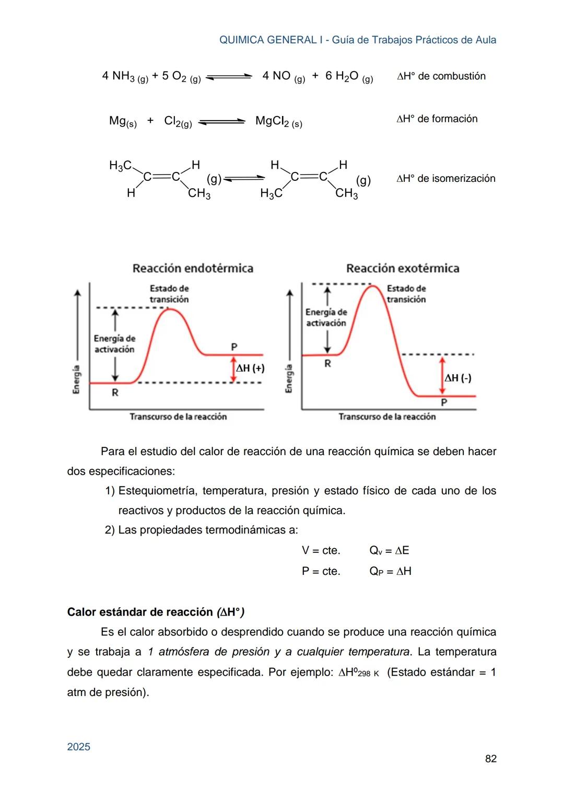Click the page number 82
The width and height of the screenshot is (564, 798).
[490, 758]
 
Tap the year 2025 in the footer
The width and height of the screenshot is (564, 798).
[79, 747]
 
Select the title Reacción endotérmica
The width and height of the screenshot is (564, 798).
[193, 269]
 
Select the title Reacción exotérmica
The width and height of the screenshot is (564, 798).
[403, 269]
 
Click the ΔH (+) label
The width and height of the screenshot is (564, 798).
[250, 368]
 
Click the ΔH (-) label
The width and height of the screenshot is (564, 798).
[458, 378]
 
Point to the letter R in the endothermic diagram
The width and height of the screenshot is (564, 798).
[115, 392]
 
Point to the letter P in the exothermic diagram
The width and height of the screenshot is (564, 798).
[444, 402]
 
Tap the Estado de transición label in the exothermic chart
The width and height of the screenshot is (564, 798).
[406, 294]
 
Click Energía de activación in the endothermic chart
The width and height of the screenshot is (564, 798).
[114, 344]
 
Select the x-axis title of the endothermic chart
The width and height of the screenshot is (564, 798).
[178, 417]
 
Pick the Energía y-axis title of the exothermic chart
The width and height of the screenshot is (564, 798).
[289, 379]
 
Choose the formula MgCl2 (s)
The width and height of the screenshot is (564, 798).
[278, 122]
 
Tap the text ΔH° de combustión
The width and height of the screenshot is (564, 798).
[441, 76]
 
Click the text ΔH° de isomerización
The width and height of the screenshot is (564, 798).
[445, 179]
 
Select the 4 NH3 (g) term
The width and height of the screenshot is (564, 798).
[125, 76]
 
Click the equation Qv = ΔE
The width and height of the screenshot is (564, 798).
[389, 550]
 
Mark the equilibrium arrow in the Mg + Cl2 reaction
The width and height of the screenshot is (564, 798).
[222, 122]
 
